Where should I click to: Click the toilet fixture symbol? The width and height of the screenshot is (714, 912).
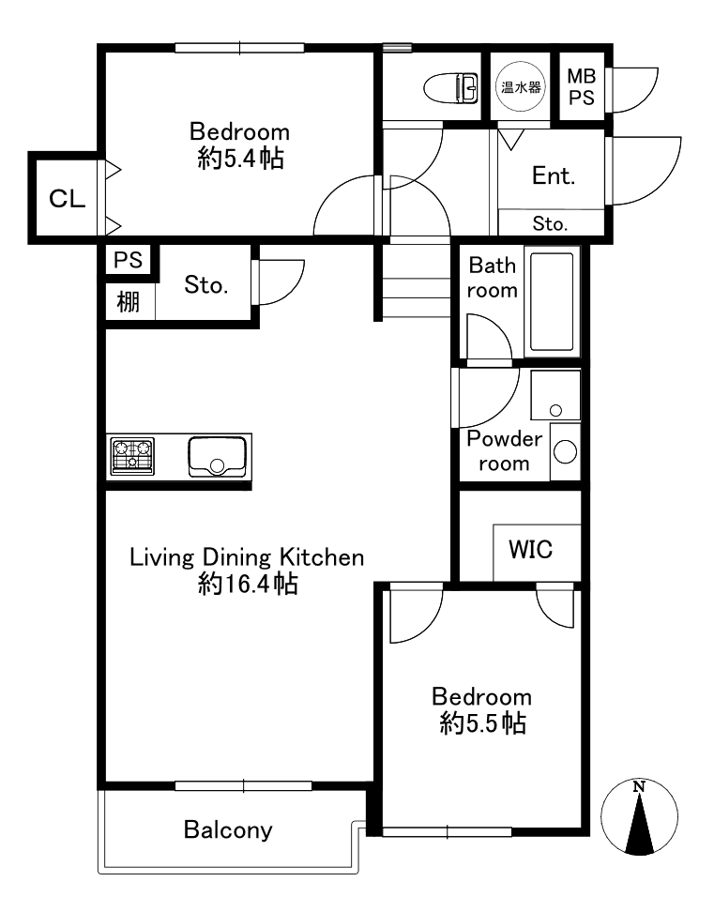coord(451,88)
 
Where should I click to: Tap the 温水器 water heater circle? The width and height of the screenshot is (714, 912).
coord(521,87)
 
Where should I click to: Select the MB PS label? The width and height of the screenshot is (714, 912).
coord(582,86)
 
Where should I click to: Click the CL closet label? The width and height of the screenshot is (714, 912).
coord(67,199)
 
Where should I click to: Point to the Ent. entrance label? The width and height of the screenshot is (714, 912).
coord(554,175)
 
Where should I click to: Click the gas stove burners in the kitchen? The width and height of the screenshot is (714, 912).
coord(132,455)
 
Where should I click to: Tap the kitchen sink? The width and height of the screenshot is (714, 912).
coord(217,456)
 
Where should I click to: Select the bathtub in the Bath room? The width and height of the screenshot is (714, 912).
coord(552,301)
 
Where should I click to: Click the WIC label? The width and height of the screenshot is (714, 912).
coord(530,549)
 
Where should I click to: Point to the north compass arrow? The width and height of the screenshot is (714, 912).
coord(639,817)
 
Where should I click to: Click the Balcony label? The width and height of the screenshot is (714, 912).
coord(228,830)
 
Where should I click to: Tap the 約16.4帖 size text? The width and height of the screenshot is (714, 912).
coord(249,584)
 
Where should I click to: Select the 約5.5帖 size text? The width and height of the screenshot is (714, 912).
coord(483,723)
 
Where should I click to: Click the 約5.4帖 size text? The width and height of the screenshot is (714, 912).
coord(241,159)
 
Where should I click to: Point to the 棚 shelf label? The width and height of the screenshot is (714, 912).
coord(129,302)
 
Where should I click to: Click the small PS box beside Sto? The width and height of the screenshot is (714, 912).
coord(128,259)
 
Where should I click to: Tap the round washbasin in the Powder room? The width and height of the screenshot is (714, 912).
coord(565,452)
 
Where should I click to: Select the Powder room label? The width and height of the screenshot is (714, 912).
coord(504,450)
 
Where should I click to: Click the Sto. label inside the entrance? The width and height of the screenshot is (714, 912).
coord(550,223)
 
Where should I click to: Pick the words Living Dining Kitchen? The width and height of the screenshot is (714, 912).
coord(247,557)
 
